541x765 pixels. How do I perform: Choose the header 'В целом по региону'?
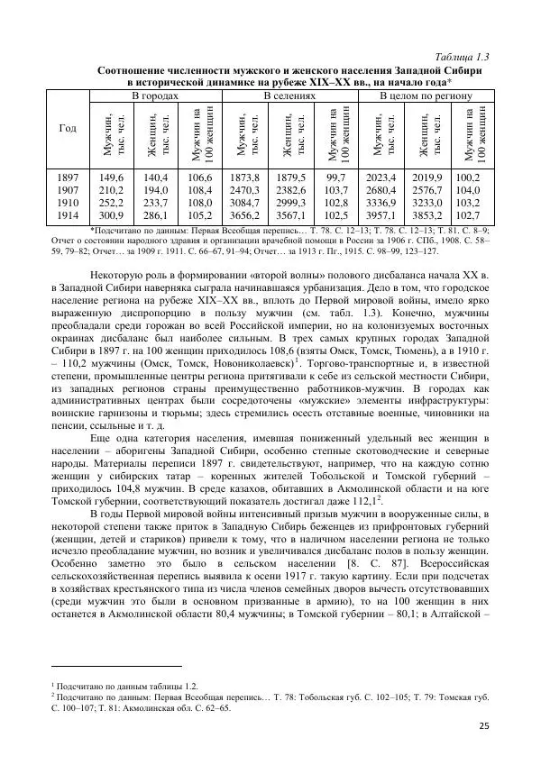[x=424, y=96]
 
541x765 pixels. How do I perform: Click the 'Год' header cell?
[x=68, y=129]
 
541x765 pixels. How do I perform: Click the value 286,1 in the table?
[x=155, y=216]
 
